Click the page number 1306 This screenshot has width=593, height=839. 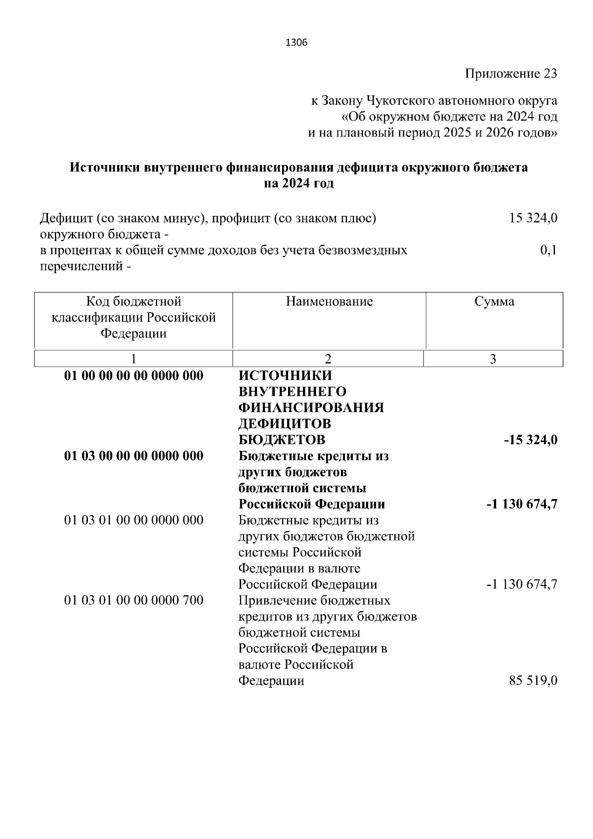point(296,43)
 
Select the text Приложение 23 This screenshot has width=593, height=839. point(511,74)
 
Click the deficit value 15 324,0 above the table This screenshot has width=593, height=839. point(533,218)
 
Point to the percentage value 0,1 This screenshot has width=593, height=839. point(549,250)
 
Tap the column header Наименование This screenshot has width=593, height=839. point(329,301)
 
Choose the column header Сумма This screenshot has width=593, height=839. point(494,301)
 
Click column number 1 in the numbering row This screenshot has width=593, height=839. point(133,359)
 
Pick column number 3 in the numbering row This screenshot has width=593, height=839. point(493,359)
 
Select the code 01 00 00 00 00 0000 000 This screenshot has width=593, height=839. point(134,376)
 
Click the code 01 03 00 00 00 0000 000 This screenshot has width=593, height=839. point(134,456)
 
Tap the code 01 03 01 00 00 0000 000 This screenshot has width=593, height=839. point(134,520)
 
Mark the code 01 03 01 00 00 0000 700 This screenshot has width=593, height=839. point(134,600)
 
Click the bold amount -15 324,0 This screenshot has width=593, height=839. point(530,440)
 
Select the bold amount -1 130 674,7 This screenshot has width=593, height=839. point(522,504)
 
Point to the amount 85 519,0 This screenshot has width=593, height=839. point(533,680)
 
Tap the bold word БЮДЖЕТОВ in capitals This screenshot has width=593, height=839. point(282,440)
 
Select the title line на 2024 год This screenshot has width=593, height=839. point(298,183)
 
